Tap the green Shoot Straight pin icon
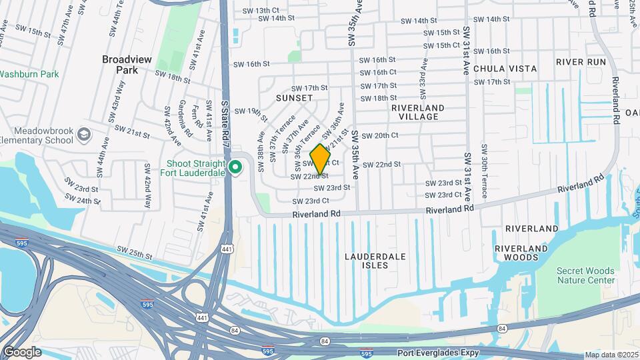[x=235, y=167]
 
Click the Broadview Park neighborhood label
[x=127, y=64]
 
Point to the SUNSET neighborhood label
[x=294, y=98]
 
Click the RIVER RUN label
[x=581, y=62]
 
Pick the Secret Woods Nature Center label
[x=585, y=275]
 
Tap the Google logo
[x=21, y=351]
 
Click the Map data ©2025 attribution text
[x=612, y=355]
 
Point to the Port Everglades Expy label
[x=439, y=352]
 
